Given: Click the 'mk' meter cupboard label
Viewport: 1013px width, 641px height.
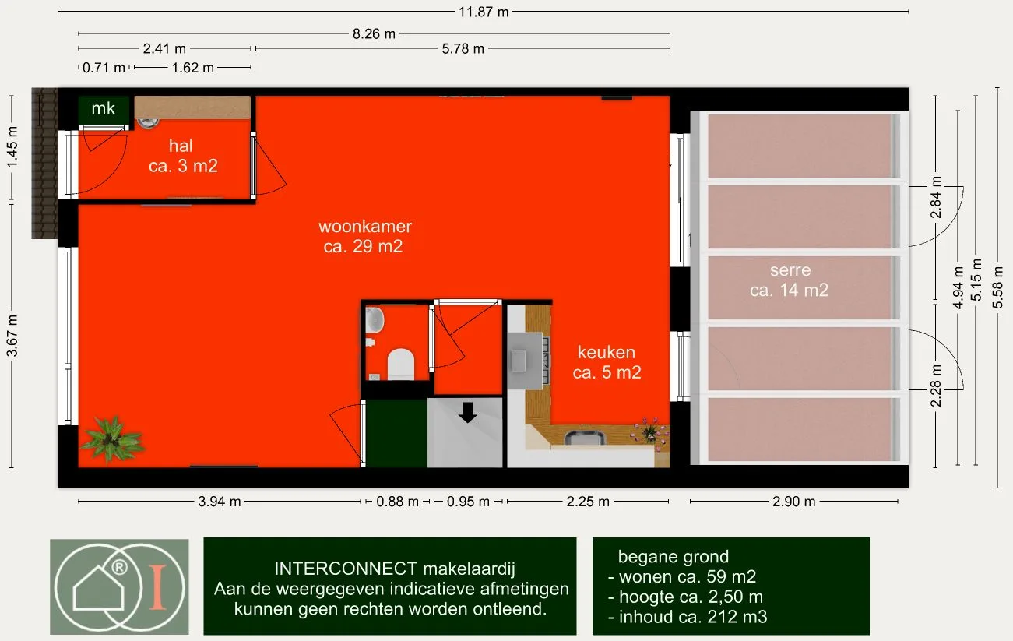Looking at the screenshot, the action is [103, 108].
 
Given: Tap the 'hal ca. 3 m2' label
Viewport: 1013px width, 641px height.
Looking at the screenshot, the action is [183, 156].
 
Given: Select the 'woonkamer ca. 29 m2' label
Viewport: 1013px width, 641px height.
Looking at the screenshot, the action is [364, 236].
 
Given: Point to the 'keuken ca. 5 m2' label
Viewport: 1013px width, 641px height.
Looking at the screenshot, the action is [607, 362].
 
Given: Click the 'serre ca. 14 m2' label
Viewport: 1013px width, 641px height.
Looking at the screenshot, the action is [790, 280].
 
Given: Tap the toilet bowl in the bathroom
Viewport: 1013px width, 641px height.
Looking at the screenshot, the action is [401, 364].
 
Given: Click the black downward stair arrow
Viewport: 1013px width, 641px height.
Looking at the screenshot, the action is [468, 412].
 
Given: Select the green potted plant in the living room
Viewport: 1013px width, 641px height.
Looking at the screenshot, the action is [111, 438].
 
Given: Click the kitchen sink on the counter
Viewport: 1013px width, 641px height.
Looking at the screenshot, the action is [585, 438].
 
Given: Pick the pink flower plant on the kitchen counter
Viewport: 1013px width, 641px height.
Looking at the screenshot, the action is [650, 433].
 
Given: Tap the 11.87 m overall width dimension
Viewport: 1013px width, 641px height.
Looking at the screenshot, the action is [484, 12].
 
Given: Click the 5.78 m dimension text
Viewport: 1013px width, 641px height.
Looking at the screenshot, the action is [463, 48].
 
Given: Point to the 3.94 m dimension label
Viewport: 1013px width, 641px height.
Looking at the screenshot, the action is [220, 502].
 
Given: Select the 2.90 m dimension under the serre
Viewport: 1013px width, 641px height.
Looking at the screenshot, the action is [793, 502].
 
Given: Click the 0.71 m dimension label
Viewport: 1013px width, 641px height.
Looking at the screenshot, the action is [104, 68].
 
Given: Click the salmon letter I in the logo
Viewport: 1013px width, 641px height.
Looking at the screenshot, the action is [158, 586].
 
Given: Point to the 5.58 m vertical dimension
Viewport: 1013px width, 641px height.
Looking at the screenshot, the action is [997, 287].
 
